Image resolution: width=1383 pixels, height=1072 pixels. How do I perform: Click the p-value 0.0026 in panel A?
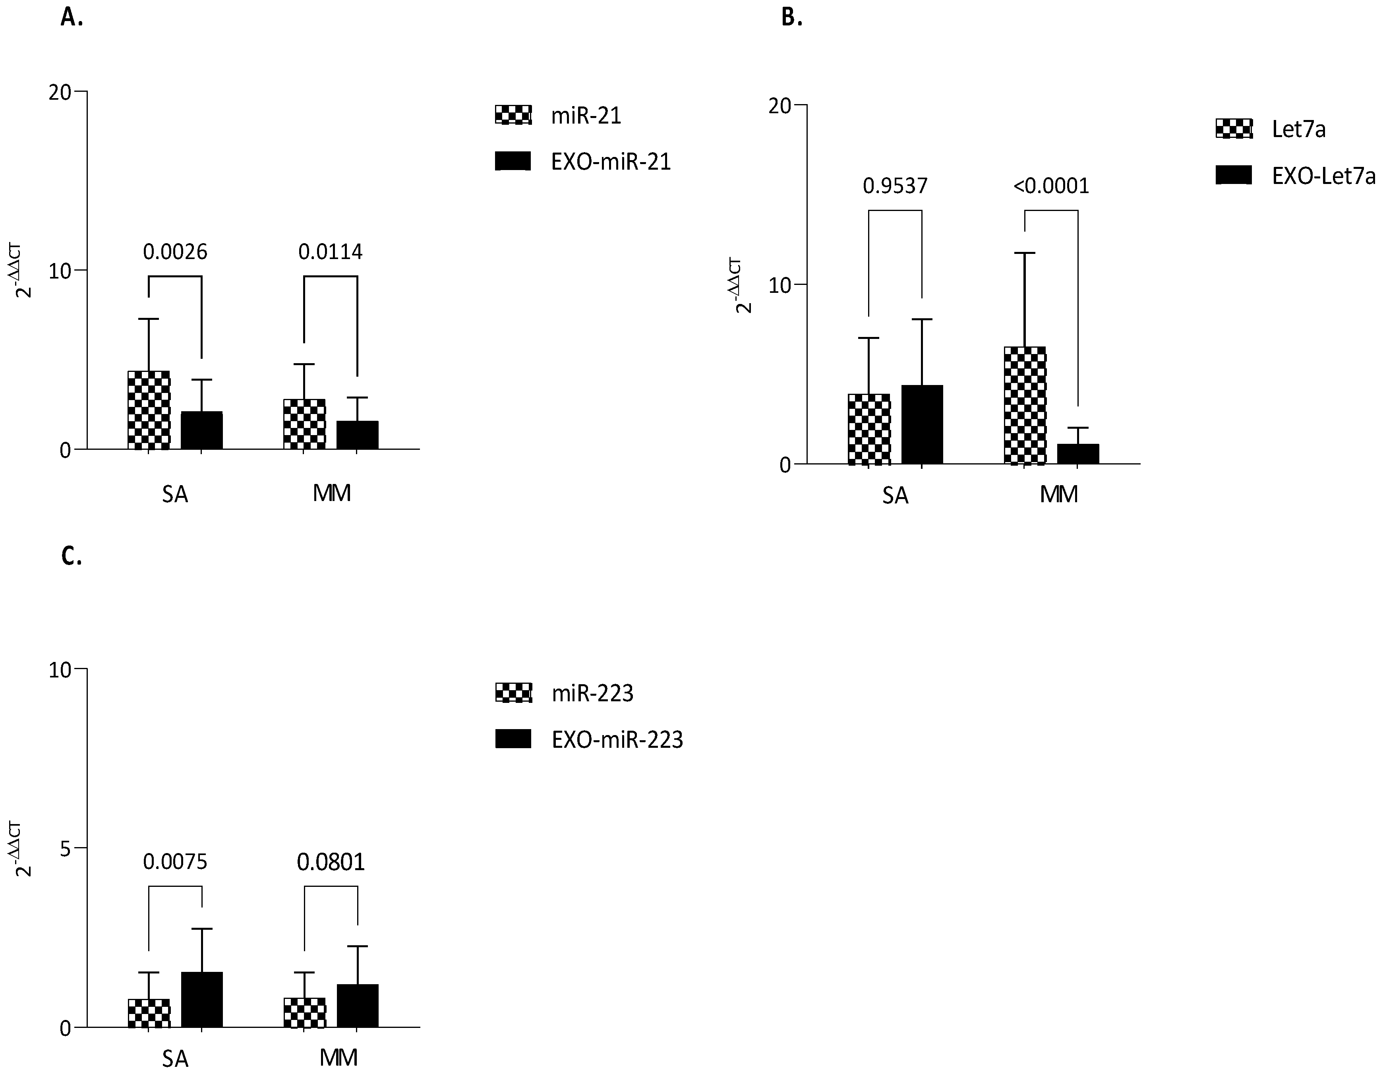[x=175, y=252]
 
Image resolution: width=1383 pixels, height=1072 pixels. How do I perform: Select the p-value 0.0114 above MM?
[x=331, y=252]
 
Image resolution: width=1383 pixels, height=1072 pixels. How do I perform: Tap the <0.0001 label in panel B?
[x=1051, y=186]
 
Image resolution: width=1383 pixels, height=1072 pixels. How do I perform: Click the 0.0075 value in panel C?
[x=175, y=862]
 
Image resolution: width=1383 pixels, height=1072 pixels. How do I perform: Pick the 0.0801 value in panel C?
[x=331, y=862]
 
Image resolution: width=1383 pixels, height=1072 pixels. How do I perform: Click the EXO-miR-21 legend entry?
[x=610, y=162]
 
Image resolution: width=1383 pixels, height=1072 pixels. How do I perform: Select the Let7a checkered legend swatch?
[x=1234, y=129]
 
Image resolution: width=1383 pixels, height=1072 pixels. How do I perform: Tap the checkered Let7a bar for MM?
[x=1025, y=405]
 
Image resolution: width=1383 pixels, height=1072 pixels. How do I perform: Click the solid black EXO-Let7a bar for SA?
[x=922, y=424]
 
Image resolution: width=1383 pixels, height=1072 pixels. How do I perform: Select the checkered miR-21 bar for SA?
[x=149, y=410]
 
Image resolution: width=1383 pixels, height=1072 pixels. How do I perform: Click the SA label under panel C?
[x=175, y=1058]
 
